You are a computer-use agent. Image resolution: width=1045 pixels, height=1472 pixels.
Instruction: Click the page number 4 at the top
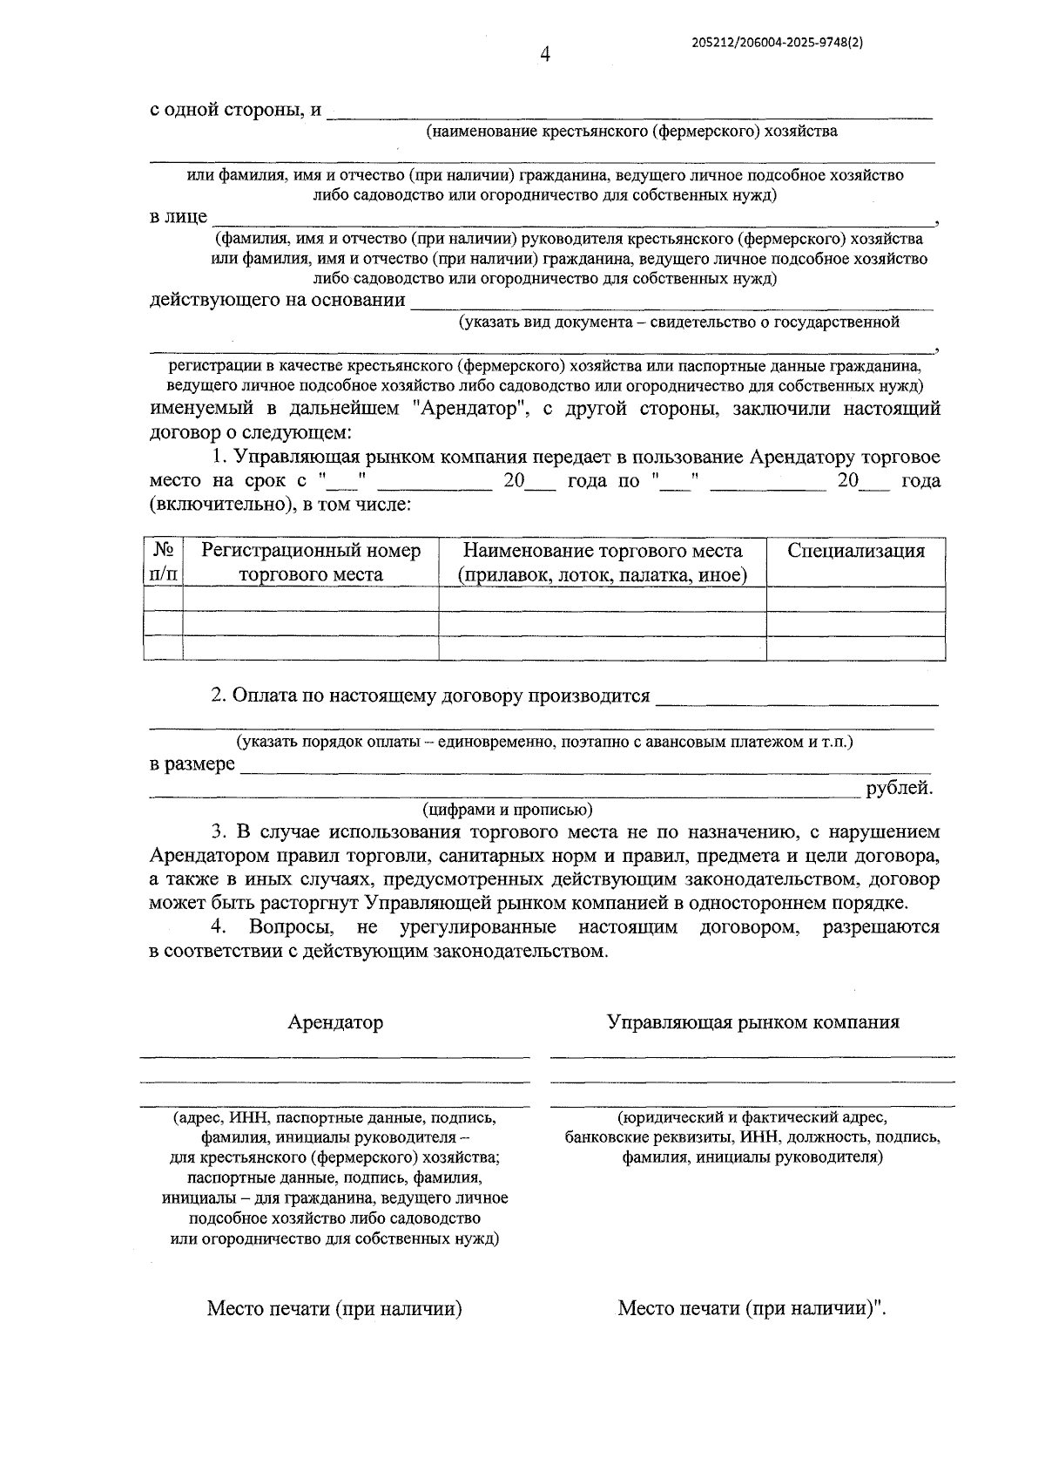(x=545, y=55)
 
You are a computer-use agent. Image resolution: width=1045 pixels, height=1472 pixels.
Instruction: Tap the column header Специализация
(x=855, y=551)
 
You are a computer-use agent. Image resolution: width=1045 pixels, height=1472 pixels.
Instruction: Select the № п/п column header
(x=163, y=562)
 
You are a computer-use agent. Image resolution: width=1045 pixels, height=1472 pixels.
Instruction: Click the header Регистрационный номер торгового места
(x=311, y=562)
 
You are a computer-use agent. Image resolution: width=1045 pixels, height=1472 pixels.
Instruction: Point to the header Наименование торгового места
(x=603, y=562)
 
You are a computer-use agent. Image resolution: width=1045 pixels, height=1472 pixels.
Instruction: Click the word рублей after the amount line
(x=899, y=789)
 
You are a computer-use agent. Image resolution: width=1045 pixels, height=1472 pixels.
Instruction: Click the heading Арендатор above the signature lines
(x=335, y=1022)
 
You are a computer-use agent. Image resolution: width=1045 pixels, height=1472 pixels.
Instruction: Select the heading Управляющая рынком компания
(x=752, y=1022)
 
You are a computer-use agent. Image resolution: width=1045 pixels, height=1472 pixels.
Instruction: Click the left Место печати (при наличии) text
(x=334, y=1308)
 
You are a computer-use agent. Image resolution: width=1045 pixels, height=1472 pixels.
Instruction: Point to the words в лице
(x=179, y=217)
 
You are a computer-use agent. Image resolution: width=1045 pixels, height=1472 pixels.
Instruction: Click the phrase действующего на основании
(x=278, y=301)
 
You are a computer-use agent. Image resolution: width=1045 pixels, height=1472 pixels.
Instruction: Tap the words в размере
(x=192, y=764)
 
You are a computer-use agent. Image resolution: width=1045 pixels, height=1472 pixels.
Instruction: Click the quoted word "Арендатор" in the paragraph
(x=465, y=409)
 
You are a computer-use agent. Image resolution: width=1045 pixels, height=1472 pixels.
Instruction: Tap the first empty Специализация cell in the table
(x=855, y=599)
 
